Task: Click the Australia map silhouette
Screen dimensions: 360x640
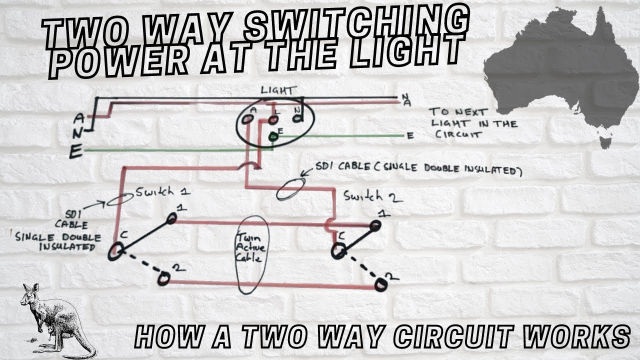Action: pyautogui.click(x=560, y=70)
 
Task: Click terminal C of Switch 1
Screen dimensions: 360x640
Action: pyautogui.click(x=115, y=250)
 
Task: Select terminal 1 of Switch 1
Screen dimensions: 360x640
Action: pyautogui.click(x=172, y=218)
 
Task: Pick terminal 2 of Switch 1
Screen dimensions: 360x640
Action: pyautogui.click(x=163, y=279)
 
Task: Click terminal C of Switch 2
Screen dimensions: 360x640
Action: pyautogui.click(x=339, y=251)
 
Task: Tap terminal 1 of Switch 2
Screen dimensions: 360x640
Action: pyautogui.click(x=374, y=226)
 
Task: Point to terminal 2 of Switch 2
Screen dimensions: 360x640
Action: pyautogui.click(x=381, y=285)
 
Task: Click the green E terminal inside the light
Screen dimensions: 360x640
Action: pyautogui.click(x=273, y=136)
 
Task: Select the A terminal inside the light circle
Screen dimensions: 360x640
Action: pyautogui.click(x=247, y=119)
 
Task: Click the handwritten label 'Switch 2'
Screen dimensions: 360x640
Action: pyautogui.click(x=372, y=196)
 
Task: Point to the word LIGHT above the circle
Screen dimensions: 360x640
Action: pyautogui.click(x=278, y=90)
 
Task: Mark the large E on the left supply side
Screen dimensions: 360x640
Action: pyautogui.click(x=76, y=151)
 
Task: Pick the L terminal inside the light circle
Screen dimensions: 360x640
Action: pyautogui.click(x=273, y=120)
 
